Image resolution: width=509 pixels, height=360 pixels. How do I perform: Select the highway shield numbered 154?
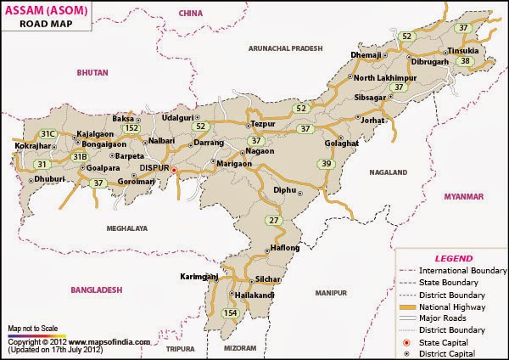click(229, 313)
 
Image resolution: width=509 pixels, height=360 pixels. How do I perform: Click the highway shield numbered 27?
click(272, 221)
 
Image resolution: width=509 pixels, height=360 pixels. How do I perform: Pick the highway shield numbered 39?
click(326, 164)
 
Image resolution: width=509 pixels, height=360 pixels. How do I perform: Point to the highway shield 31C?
click(48, 134)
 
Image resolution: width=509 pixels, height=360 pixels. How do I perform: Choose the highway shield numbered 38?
click(465, 60)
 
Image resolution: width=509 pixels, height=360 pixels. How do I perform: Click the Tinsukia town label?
click(464, 48)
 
